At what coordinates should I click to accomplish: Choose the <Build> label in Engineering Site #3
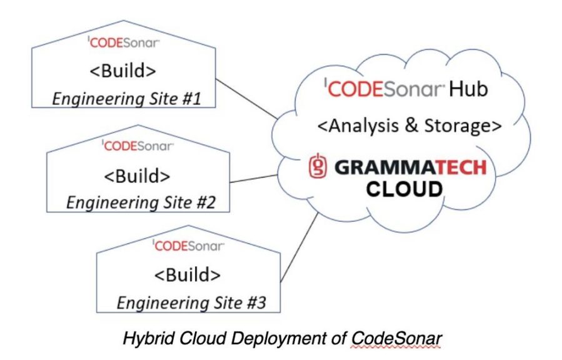(x=186, y=275)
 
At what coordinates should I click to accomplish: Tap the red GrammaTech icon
(x=319, y=167)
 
